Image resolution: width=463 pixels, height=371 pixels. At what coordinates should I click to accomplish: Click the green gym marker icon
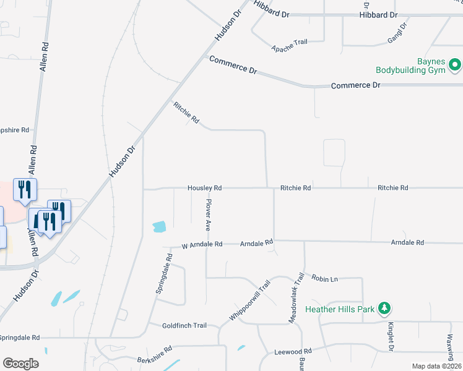(455, 64)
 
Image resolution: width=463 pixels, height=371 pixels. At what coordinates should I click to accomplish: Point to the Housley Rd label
(205, 187)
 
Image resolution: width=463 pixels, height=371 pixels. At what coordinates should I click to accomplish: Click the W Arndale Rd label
(202, 245)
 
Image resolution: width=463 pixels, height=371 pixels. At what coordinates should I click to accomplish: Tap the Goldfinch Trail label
(184, 326)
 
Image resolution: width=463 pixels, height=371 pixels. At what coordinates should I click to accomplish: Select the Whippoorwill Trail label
(251, 299)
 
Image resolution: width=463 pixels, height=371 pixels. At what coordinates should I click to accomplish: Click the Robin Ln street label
(324, 279)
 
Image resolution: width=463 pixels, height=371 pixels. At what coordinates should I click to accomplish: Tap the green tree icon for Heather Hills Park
(384, 307)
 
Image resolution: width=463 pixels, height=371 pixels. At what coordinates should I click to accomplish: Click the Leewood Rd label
(293, 352)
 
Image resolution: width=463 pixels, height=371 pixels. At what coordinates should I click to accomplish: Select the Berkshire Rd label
(154, 359)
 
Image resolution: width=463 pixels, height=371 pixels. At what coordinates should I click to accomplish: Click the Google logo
(20, 363)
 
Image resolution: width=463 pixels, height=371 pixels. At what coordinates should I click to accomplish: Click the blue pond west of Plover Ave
(159, 226)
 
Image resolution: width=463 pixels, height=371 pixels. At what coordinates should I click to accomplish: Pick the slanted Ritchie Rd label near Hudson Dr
(186, 113)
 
